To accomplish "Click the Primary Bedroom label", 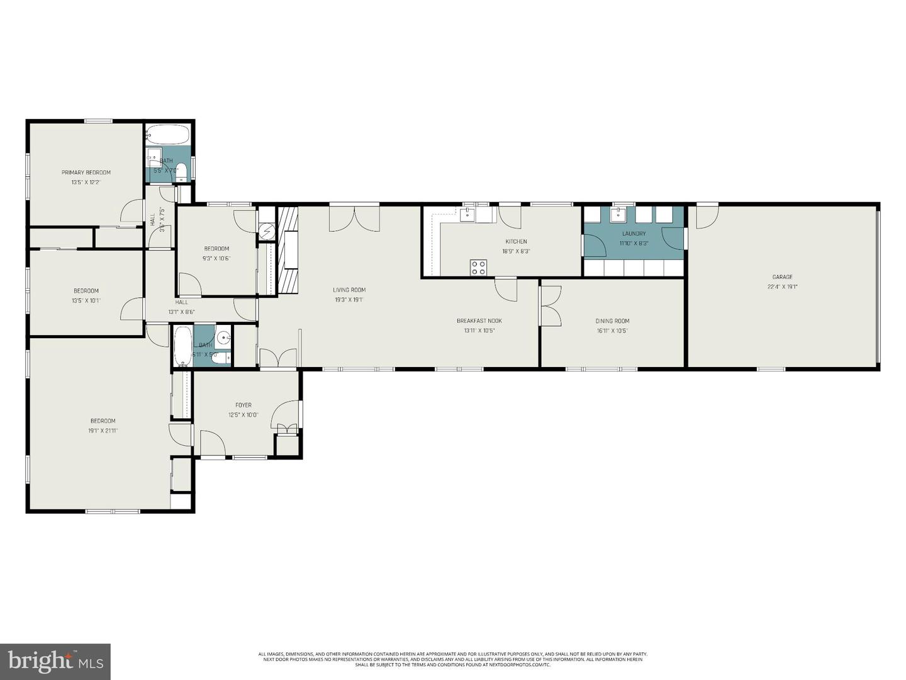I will coord(86,173).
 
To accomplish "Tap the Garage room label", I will coord(782,277).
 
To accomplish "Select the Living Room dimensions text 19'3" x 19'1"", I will coord(349,300).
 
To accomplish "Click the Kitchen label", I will coord(516,242).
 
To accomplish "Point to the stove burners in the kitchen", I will coord(478,268).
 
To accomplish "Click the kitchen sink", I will coord(468,215).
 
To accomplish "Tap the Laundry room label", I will coord(634,234).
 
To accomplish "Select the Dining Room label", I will coord(612,321).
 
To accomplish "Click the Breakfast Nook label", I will coord(479,321).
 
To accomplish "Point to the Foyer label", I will coord(243,405).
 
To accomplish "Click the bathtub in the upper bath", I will coord(167,135).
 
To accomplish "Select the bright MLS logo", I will coord(55,661).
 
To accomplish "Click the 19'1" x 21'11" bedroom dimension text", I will coord(103,431).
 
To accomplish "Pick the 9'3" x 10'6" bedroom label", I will coord(216,249).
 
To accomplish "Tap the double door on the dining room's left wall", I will coord(551,306).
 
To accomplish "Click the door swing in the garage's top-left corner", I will coord(707,216).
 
